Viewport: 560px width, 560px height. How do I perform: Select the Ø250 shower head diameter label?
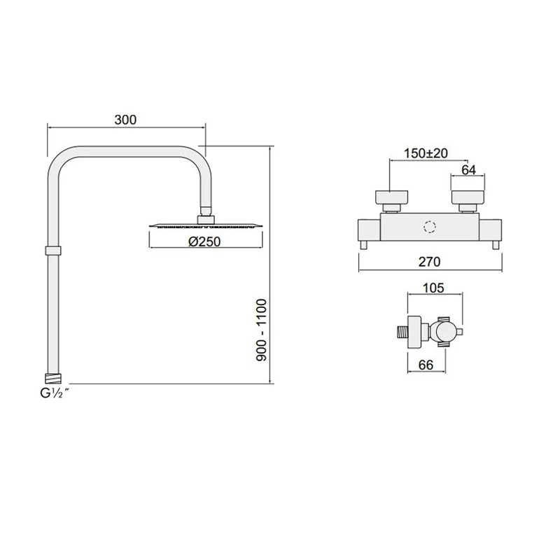pos(205,241)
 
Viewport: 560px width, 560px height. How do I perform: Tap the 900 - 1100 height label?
pos(262,330)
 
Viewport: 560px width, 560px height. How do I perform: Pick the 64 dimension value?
pos(469,169)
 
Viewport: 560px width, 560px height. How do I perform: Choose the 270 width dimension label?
pos(428,262)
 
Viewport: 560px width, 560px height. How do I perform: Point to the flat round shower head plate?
pos(205,226)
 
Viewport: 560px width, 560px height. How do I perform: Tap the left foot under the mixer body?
pos(365,244)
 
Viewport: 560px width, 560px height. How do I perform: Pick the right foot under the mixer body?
pos(496,244)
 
